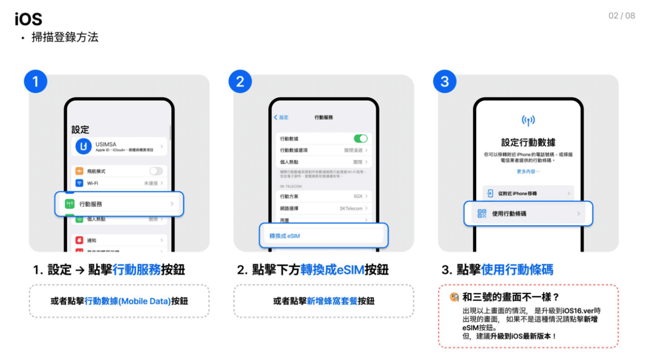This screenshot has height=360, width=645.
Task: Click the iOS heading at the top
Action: [28, 19]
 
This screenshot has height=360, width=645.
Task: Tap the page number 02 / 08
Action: [621, 16]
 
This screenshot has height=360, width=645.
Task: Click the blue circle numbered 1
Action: [35, 82]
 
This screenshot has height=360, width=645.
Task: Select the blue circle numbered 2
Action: [240, 82]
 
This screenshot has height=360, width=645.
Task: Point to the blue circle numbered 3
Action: [445, 82]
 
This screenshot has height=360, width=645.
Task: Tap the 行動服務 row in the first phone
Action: [119, 204]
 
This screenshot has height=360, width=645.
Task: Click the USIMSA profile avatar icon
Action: [84, 146]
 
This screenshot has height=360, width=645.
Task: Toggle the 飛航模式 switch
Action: [156, 171]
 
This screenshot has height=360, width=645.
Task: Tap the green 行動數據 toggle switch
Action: [360, 139]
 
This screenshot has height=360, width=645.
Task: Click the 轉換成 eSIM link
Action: [285, 236]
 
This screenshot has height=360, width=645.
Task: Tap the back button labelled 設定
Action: [281, 117]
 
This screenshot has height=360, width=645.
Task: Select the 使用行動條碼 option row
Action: [528, 213]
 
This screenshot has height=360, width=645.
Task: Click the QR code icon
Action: [482, 213]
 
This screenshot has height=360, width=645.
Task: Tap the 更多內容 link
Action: [528, 171]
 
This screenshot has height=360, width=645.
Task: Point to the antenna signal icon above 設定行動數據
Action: [528, 120]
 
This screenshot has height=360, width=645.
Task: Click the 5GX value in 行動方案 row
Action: [358, 197]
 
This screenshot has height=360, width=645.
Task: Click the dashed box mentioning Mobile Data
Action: [119, 301]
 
